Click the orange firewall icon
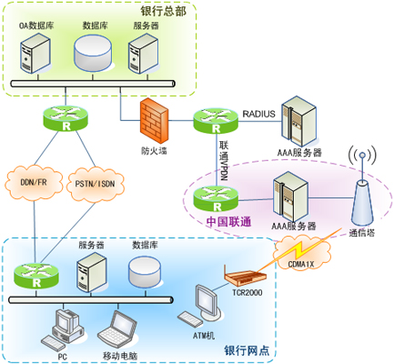click(x=154, y=121)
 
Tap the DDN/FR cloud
click(x=34, y=183)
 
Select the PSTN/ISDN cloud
click(x=96, y=184)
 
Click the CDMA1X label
click(x=301, y=265)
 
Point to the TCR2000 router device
click(x=245, y=277)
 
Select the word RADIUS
click(x=258, y=114)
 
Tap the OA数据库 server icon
click(x=35, y=54)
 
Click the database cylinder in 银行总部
click(x=93, y=53)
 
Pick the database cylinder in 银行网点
click(x=145, y=271)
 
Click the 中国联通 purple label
click(x=229, y=222)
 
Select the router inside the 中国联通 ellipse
click(x=216, y=199)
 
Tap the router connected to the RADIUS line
click(x=216, y=120)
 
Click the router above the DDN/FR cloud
click(x=66, y=118)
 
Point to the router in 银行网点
click(x=36, y=276)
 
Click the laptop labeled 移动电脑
click(x=117, y=329)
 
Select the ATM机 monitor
click(x=208, y=302)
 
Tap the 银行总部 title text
click(x=163, y=11)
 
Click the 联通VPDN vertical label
click(x=224, y=160)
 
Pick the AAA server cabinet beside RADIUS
click(x=299, y=122)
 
